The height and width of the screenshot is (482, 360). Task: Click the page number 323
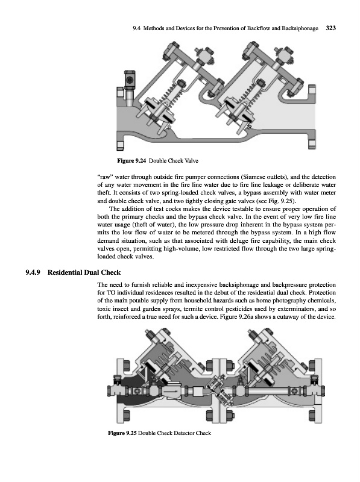[330, 28]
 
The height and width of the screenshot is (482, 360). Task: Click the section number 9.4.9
[34, 272]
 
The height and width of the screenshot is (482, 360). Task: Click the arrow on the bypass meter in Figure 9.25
[170, 391]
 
